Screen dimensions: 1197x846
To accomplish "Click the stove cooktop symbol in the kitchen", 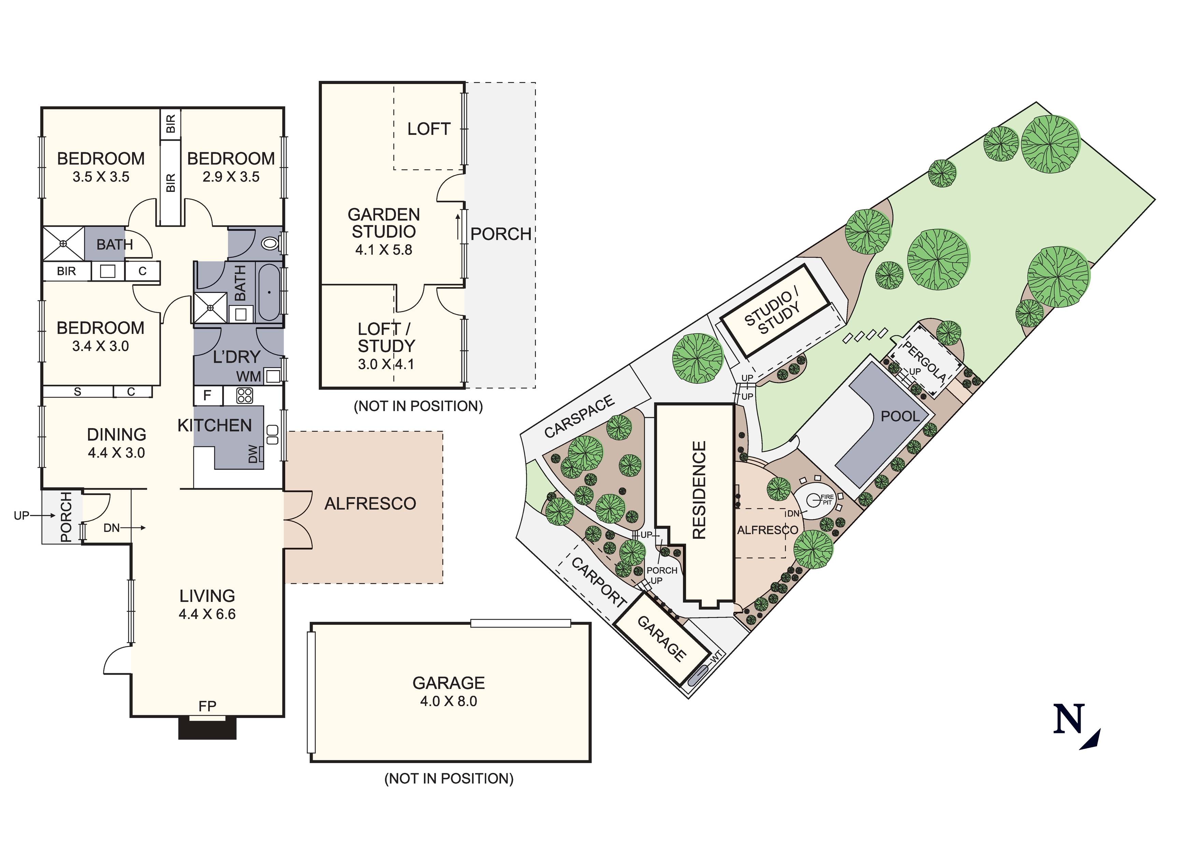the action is [x=244, y=396].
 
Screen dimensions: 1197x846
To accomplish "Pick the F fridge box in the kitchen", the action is [x=208, y=396].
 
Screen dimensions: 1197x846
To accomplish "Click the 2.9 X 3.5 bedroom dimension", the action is [x=231, y=177].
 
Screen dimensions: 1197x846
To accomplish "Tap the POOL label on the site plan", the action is [x=900, y=416].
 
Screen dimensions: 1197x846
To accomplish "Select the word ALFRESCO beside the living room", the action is [x=370, y=504].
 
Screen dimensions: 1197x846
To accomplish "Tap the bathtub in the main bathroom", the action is [x=270, y=292].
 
